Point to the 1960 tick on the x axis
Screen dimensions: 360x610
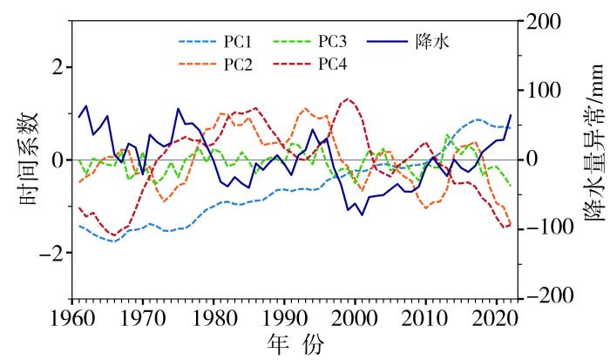click(x=72, y=316)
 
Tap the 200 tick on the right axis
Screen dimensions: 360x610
click(x=543, y=20)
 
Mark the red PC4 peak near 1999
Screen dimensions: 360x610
click(x=348, y=98)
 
